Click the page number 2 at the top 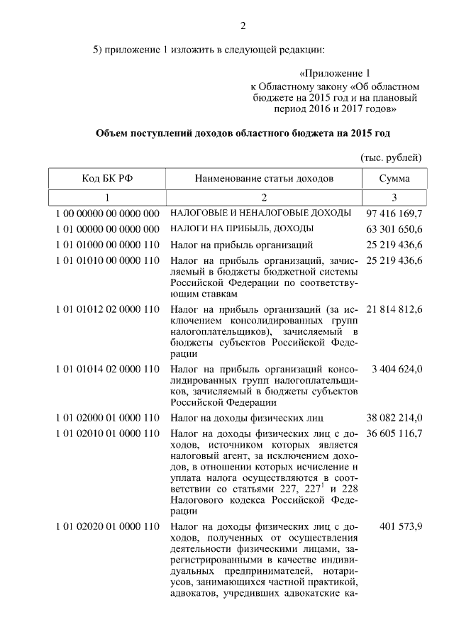pyautogui.click(x=243, y=26)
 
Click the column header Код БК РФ pyautogui.click(x=107, y=178)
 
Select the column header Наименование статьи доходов pyautogui.click(x=264, y=178)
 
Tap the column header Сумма pyautogui.click(x=394, y=178)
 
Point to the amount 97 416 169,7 pyautogui.click(x=394, y=213)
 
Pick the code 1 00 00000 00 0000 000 pyautogui.click(x=107, y=213)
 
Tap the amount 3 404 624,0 pyautogui.click(x=399, y=369)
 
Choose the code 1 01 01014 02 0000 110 pyautogui.click(x=107, y=369)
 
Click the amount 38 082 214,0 pyautogui.click(x=394, y=417)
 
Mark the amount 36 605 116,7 pyautogui.click(x=394, y=433)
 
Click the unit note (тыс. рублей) pyautogui.click(x=392, y=156)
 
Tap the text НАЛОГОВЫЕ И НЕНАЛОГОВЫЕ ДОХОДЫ pyautogui.click(x=260, y=213)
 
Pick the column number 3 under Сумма pyautogui.click(x=394, y=197)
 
